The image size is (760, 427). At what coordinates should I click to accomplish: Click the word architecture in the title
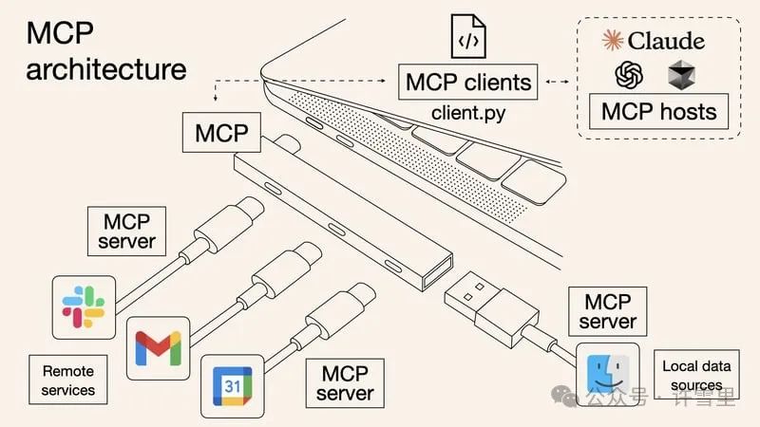coord(106,69)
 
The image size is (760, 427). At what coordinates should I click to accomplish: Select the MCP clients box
coord(469,82)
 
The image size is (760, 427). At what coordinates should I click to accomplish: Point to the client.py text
coord(468,113)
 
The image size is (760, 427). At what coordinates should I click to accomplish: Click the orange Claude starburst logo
coord(614,40)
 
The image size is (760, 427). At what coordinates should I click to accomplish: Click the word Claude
coord(665,40)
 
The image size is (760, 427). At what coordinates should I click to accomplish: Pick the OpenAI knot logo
coord(630,74)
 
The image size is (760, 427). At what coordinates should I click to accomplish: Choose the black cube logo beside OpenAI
coord(682,74)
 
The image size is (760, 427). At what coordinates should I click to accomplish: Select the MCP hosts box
coord(658,111)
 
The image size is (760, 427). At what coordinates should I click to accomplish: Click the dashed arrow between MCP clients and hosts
coord(559,82)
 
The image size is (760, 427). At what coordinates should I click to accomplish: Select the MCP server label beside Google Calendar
coord(345,381)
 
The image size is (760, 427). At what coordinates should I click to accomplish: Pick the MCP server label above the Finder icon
coord(608,312)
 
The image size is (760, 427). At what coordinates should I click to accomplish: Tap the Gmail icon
coord(158,347)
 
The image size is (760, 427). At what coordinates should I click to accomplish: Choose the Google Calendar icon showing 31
coord(232,386)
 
